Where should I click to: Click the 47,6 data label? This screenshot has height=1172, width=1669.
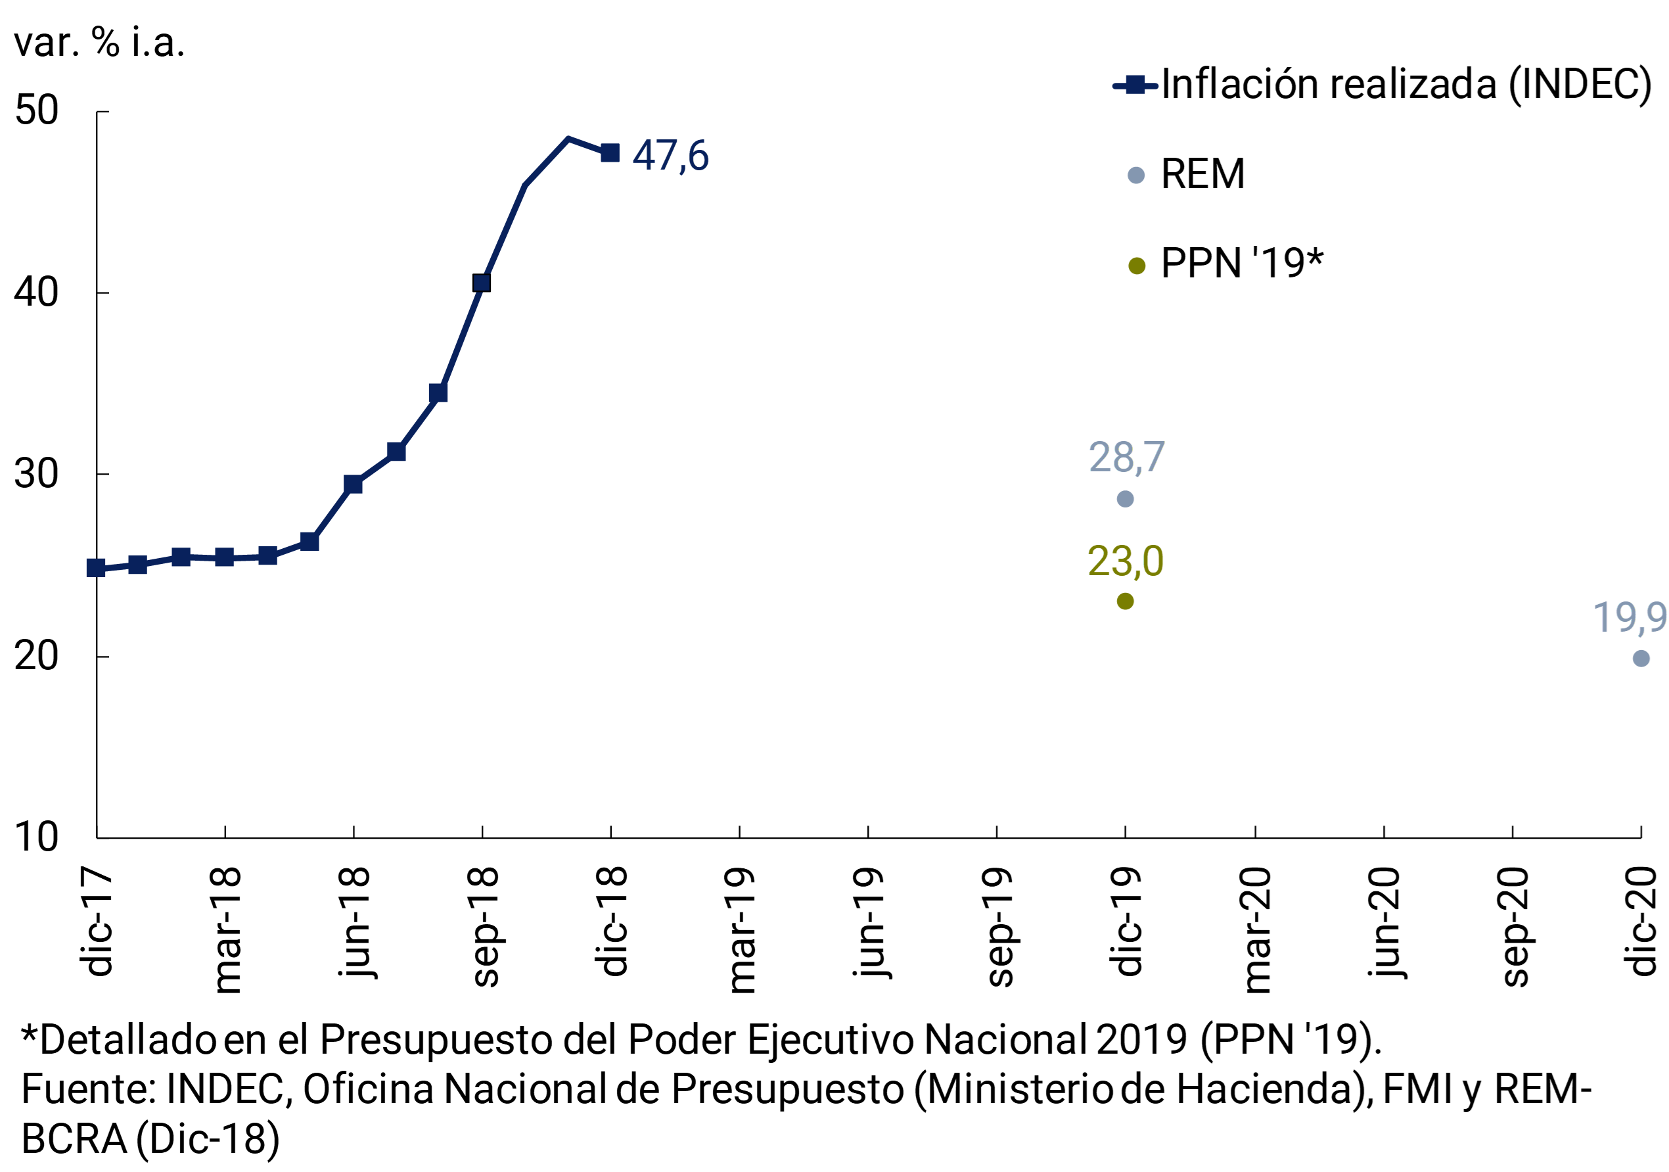tap(670, 156)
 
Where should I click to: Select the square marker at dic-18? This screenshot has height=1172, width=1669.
tap(610, 152)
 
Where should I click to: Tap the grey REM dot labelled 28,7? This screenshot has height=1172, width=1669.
tap(1124, 499)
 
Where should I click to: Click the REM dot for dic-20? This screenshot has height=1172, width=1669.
tap(1641, 658)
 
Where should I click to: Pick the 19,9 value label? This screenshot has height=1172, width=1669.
tap(1629, 617)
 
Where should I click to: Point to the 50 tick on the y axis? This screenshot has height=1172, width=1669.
tap(36, 111)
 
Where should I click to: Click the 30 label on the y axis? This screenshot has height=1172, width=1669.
tap(36, 475)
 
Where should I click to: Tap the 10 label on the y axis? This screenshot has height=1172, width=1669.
tap(36, 837)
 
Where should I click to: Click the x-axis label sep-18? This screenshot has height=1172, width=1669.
tap(484, 927)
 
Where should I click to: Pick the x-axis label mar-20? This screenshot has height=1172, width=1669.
tap(1256, 931)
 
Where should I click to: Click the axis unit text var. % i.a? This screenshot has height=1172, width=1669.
tap(100, 42)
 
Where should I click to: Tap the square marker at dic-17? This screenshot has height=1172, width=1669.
tap(96, 568)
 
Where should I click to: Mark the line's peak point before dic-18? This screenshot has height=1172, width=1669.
tap(568, 138)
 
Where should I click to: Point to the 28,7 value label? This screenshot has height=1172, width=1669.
tap(1126, 457)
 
